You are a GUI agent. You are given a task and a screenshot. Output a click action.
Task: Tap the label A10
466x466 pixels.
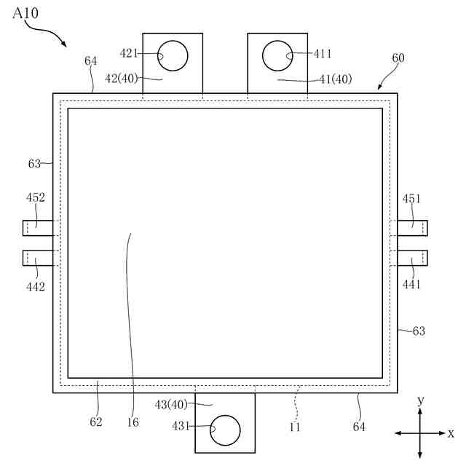[x=25, y=13]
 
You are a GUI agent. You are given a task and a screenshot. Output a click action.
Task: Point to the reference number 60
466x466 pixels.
[x=398, y=58]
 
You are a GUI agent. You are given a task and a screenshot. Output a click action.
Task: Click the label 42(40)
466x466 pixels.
[x=122, y=79]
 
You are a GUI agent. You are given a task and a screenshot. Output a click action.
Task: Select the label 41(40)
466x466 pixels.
[x=336, y=79]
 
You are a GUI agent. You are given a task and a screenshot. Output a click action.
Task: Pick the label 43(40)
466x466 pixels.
[x=171, y=405]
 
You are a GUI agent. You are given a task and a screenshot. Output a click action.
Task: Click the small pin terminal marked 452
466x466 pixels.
[x=38, y=228]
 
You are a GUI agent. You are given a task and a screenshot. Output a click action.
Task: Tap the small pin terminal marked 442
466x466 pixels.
[x=38, y=258]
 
